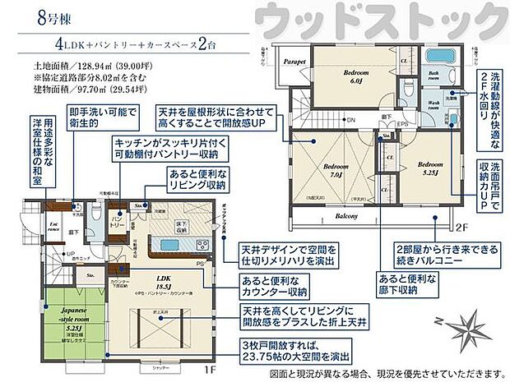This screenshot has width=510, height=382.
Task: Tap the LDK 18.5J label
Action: pyautogui.click(x=152, y=282)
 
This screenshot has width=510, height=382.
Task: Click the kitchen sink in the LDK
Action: pyautogui.click(x=161, y=244)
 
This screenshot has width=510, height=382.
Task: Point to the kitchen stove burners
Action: pyautogui.click(x=202, y=243)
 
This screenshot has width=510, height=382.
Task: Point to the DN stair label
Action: pyautogui.click(x=350, y=121)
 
